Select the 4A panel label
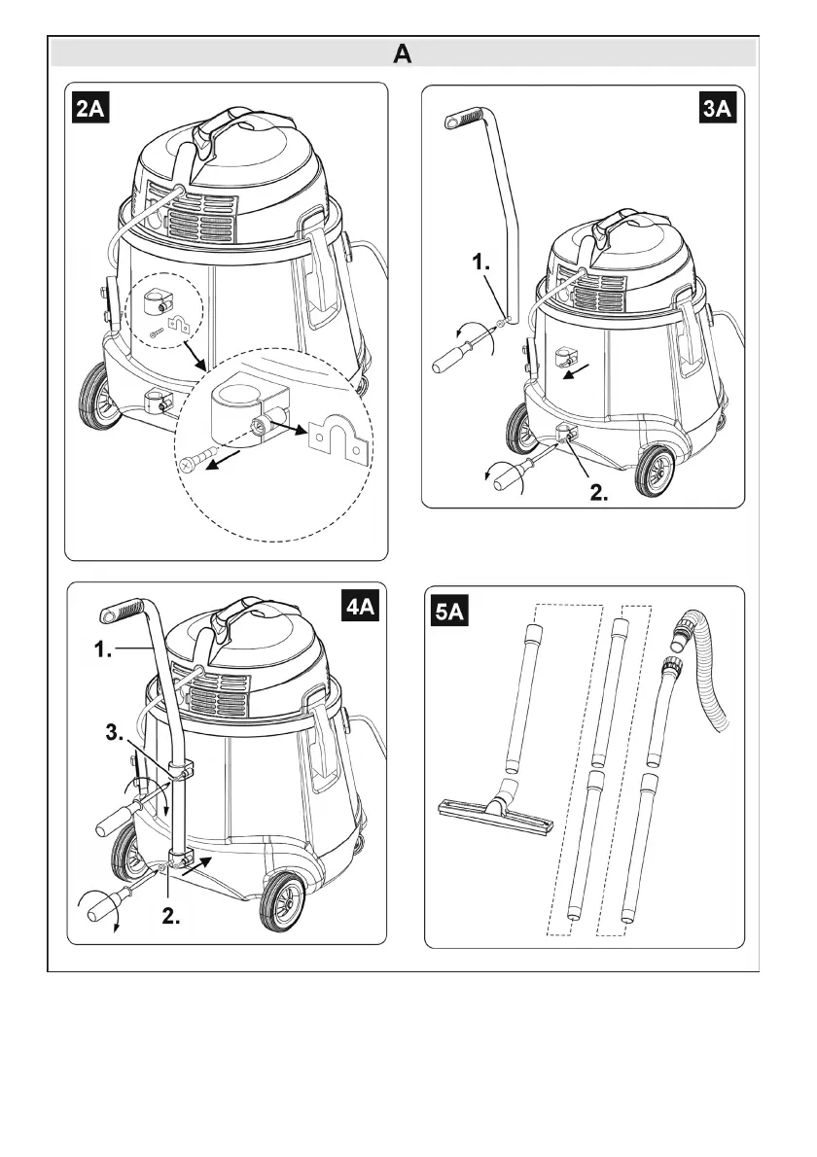365,610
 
